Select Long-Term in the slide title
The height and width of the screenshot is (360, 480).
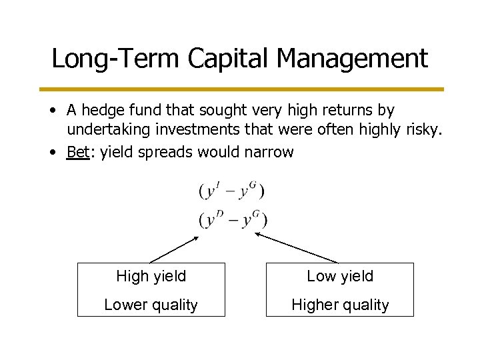point(115,59)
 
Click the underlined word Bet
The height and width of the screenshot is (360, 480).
point(77,152)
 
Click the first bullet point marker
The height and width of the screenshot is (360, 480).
point(52,109)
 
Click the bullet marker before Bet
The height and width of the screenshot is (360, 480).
point(52,153)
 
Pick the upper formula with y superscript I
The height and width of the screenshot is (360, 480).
point(232,192)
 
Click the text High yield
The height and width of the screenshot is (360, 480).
point(151,275)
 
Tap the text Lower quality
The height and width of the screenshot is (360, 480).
point(151,305)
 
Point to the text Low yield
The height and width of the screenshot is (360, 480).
point(340,275)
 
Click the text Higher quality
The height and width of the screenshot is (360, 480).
point(340,305)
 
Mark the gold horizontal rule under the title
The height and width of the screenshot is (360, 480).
point(240,88)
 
